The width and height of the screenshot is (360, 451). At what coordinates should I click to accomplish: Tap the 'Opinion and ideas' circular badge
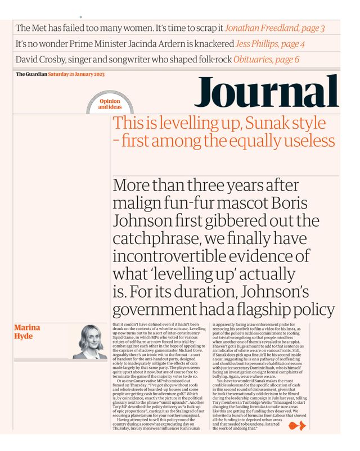tap(110, 104)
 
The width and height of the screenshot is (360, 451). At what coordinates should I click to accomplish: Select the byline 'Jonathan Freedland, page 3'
tap(274, 28)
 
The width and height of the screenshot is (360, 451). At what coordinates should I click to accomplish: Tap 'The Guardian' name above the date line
tap(31, 75)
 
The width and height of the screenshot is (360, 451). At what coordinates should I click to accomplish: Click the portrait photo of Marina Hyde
tap(90, 342)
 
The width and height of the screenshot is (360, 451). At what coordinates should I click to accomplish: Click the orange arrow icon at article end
tap(296, 426)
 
